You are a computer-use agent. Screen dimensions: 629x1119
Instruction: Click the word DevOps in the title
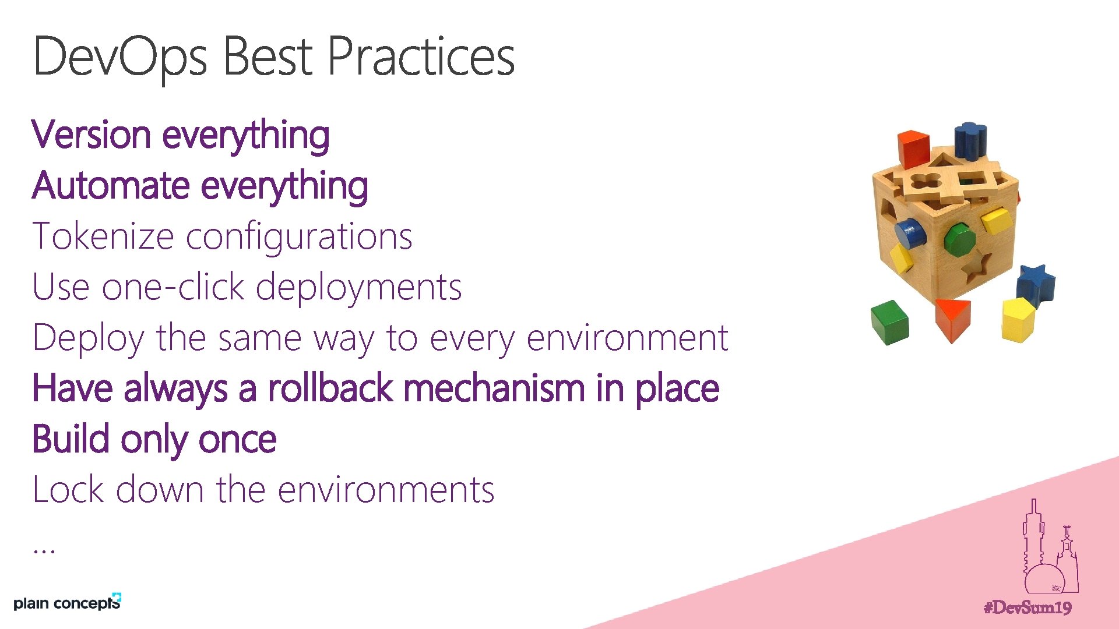click(x=119, y=57)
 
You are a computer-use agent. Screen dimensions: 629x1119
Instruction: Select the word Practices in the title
click(x=421, y=57)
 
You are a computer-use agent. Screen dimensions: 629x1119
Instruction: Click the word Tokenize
click(x=103, y=236)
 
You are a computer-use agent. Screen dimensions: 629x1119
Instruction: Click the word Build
click(x=71, y=439)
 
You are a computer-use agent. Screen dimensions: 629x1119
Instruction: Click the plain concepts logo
click(x=67, y=602)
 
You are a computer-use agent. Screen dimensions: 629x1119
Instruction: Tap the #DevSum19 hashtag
click(x=1027, y=608)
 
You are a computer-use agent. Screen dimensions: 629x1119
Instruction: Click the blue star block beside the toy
click(x=1036, y=284)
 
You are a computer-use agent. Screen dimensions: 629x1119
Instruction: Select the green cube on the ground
click(x=890, y=321)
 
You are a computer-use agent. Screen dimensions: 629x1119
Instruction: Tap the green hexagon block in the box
click(x=959, y=239)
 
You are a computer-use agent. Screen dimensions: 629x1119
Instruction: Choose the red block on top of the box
click(x=913, y=148)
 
